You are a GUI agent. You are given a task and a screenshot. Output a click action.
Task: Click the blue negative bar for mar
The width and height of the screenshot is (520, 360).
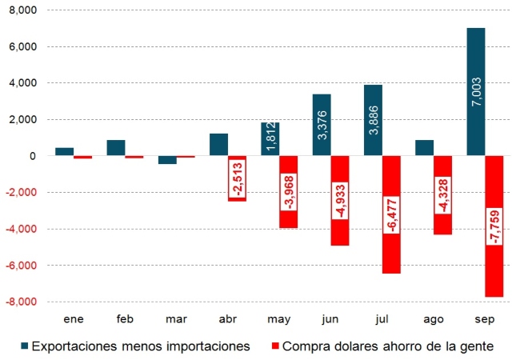tap(168, 160)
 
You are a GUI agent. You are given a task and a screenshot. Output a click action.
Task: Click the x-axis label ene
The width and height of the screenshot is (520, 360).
tap(74, 318)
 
